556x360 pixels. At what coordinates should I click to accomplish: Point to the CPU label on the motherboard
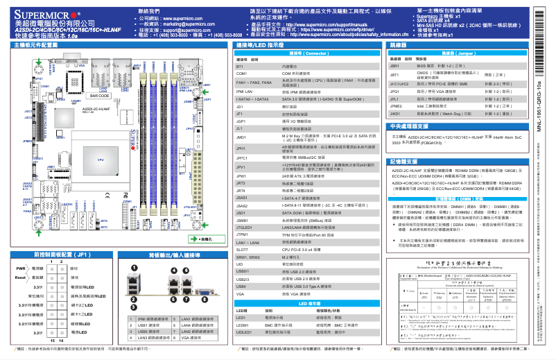[x=101, y=160]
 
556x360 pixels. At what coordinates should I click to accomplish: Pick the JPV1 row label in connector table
[x=241, y=167]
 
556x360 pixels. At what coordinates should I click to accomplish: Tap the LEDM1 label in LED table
[x=242, y=325]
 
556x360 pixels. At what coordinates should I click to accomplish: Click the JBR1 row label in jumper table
[x=394, y=65]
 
